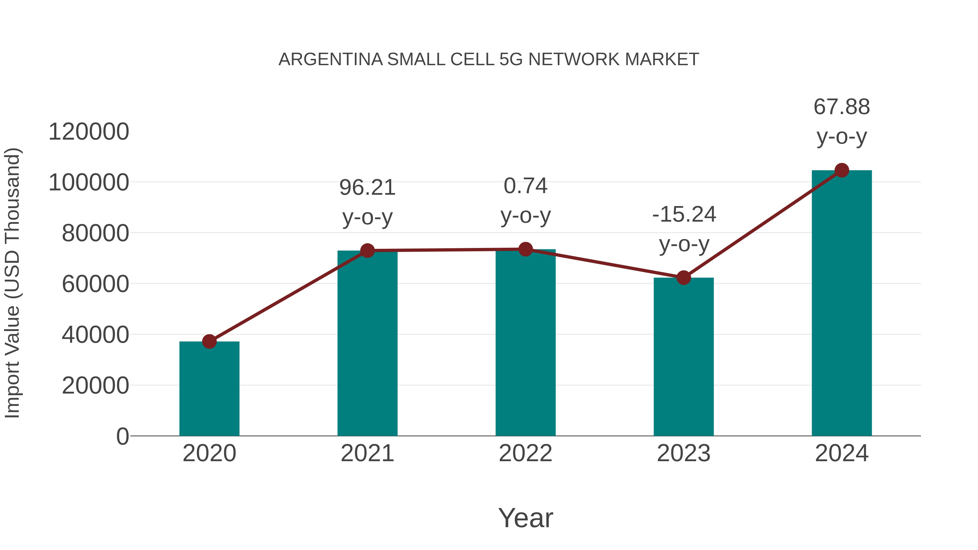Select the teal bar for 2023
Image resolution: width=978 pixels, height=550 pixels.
pyautogui.click(x=684, y=357)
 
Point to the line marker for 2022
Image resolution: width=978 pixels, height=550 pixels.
pyautogui.click(x=525, y=249)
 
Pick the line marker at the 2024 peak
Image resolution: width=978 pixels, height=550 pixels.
pyautogui.click(x=842, y=170)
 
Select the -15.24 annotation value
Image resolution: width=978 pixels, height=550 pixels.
pyautogui.click(x=684, y=215)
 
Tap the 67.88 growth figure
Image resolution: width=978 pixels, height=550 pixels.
pyautogui.click(x=841, y=107)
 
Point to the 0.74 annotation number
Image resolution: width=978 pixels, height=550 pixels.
pyautogui.click(x=525, y=186)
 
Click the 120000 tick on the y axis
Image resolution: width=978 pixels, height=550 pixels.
pyautogui.click(x=89, y=132)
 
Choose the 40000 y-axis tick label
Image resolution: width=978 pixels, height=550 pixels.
pyautogui.click(x=95, y=335)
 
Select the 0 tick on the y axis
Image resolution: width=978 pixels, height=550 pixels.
pyautogui.click(x=122, y=436)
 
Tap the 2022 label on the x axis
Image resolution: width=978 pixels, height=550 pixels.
pyautogui.click(x=525, y=453)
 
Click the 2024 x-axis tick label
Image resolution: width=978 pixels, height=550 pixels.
pyautogui.click(x=842, y=453)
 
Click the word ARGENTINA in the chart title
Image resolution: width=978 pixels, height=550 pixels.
pyautogui.click(x=331, y=59)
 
